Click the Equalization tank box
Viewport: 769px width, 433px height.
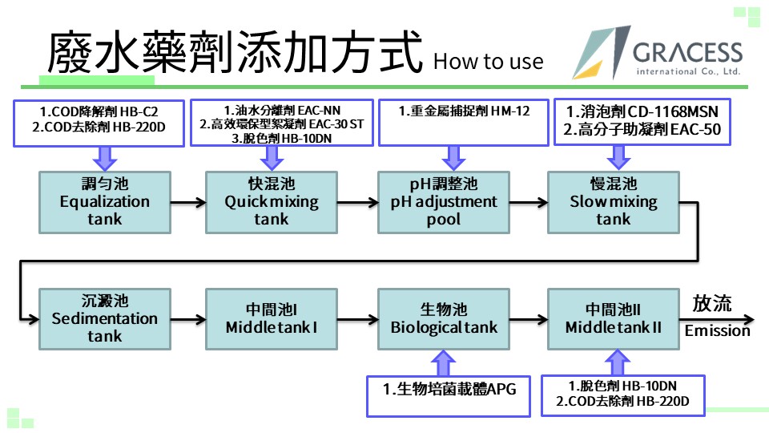click(105, 202)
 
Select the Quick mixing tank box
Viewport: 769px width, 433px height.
click(272, 202)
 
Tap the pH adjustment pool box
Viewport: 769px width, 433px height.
click(444, 202)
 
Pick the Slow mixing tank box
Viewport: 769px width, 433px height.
click(614, 202)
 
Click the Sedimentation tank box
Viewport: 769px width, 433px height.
click(105, 319)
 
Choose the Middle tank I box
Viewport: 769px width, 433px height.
click(272, 319)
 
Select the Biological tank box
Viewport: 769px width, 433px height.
click(444, 319)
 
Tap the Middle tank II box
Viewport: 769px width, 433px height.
click(614, 319)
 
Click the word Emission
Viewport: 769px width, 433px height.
click(718, 331)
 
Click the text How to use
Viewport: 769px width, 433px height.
click(489, 62)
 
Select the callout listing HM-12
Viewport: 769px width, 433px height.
click(464, 123)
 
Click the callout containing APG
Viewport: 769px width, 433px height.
click(449, 396)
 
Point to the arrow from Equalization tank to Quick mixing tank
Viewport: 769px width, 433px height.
click(188, 202)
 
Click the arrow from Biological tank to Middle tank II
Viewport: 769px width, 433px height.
click(529, 320)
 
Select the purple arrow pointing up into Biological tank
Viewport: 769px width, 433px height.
click(443, 363)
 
